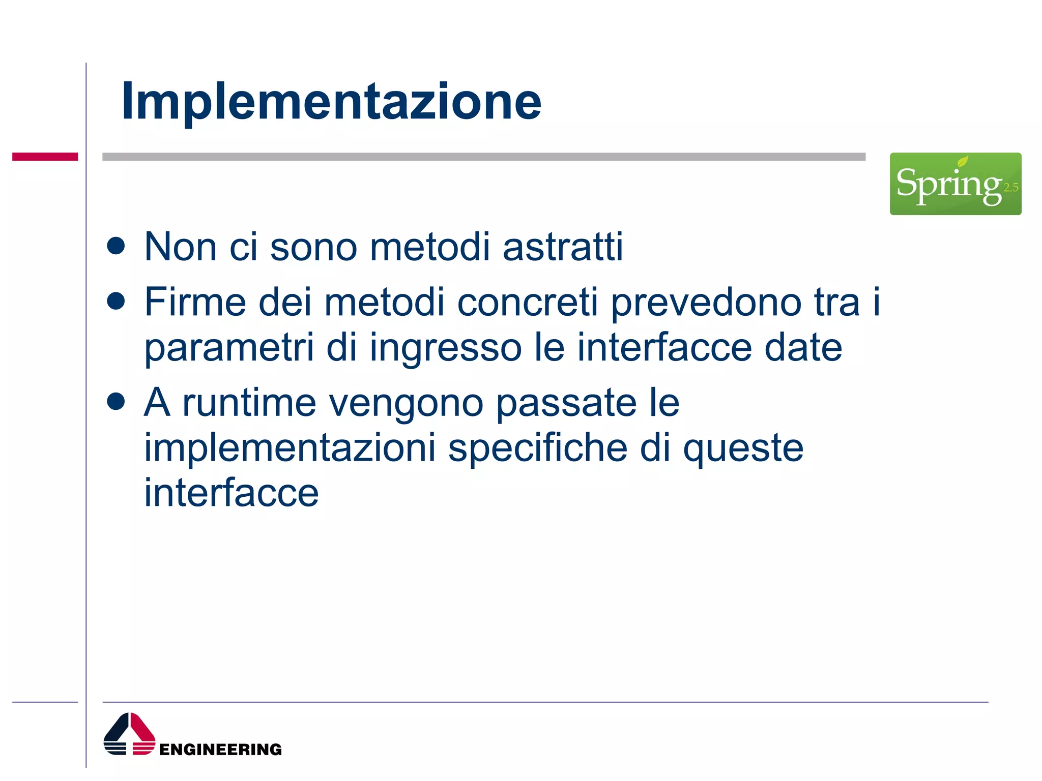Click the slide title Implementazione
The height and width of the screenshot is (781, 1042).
click(331, 102)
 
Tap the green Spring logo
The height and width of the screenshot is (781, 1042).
click(955, 184)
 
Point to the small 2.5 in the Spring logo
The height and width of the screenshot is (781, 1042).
click(1010, 188)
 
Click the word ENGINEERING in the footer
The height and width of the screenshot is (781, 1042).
click(220, 749)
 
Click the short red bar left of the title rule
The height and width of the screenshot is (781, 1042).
click(45, 157)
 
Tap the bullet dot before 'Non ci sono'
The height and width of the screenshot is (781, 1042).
click(116, 246)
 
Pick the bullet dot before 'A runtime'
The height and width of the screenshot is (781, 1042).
click(116, 401)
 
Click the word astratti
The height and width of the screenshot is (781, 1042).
click(563, 247)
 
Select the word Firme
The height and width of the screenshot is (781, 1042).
click(195, 302)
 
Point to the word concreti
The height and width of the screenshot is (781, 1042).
click(528, 302)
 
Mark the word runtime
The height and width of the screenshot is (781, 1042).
click(249, 403)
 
